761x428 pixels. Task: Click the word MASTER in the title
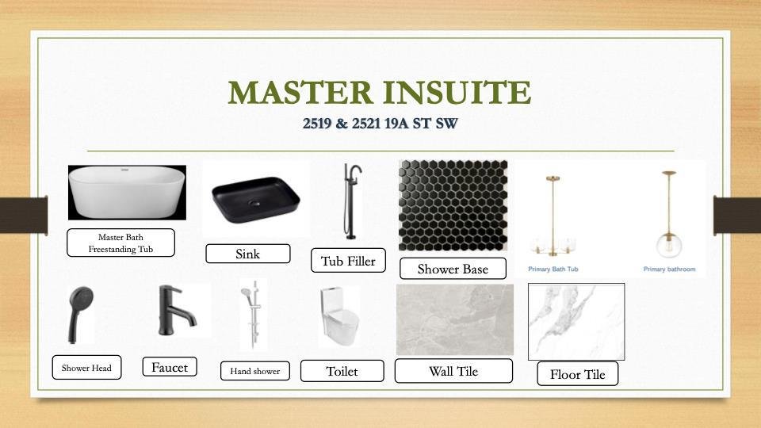[300, 92]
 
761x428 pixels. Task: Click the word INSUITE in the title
[457, 92]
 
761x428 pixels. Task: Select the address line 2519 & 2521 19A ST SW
[380, 124]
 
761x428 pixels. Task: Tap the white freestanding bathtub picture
[127, 193]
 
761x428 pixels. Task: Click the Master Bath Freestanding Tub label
[120, 243]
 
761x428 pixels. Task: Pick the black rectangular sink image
[256, 200]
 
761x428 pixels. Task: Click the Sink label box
[248, 254]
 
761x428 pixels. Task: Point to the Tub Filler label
[349, 261]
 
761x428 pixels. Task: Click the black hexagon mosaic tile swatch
[453, 205]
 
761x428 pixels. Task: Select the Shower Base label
[453, 269]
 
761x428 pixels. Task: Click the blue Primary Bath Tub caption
[553, 269]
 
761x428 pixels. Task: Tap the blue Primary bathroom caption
[669, 269]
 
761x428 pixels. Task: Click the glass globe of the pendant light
[669, 245]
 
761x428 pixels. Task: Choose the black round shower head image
[81, 313]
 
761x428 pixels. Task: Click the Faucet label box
[170, 367]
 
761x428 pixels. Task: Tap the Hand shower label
[255, 371]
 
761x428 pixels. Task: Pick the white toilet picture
[339, 316]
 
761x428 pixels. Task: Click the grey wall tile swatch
[455, 319]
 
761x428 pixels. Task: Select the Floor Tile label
[578, 374]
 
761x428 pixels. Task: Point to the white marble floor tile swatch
[576, 322]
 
